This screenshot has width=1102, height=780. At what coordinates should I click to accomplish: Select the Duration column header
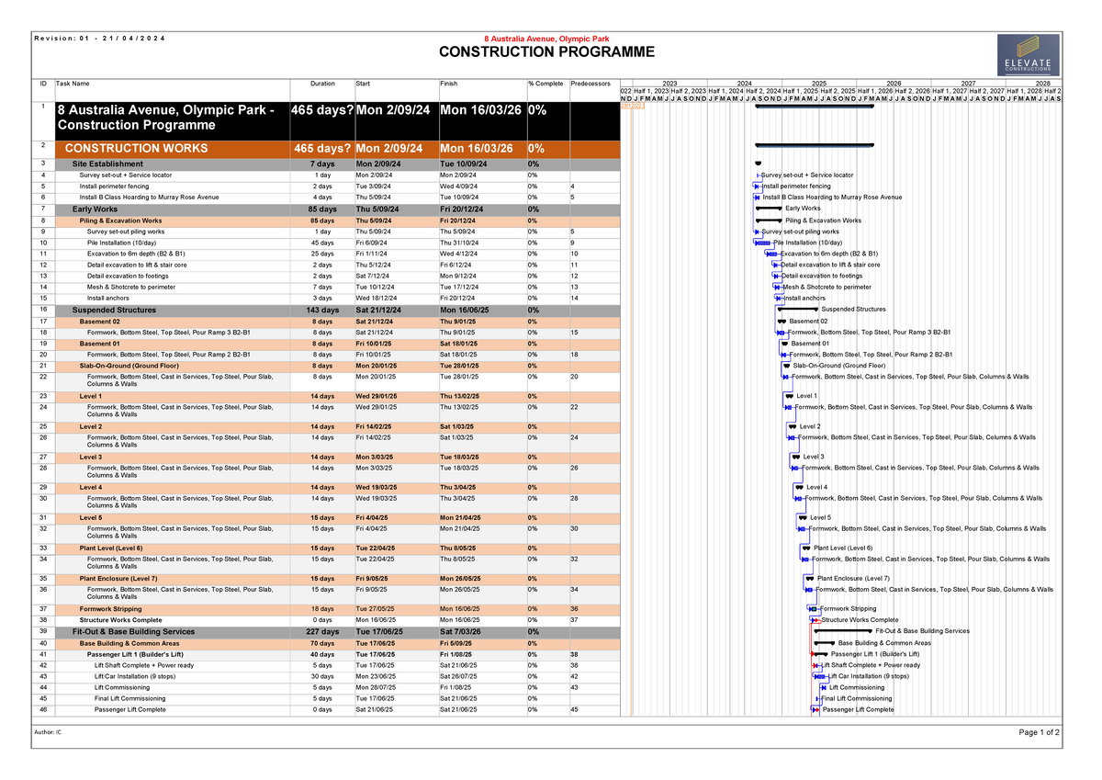point(322,84)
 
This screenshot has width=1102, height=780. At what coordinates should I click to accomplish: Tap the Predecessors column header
point(590,84)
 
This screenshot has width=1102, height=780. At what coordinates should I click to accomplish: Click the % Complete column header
point(545,84)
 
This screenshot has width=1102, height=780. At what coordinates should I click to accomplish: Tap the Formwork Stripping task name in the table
point(110,609)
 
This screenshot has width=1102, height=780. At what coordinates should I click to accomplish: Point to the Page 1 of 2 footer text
point(1039,732)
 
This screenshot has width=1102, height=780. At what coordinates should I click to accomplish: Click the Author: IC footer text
point(47,732)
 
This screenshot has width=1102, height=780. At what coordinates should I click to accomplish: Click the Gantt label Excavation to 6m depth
point(828,254)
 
